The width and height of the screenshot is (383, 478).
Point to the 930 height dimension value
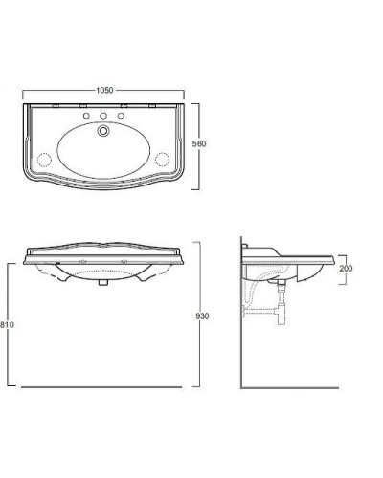click(x=202, y=315)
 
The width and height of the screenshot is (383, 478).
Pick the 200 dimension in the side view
click(x=346, y=269)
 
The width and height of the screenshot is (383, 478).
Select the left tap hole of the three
click(x=86, y=117)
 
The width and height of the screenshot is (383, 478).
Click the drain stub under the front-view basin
click(x=101, y=285)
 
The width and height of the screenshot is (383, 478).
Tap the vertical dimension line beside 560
click(x=197, y=143)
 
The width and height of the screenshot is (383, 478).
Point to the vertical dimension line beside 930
click(x=197, y=315)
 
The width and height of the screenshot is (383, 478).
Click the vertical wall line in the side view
click(x=239, y=315)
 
